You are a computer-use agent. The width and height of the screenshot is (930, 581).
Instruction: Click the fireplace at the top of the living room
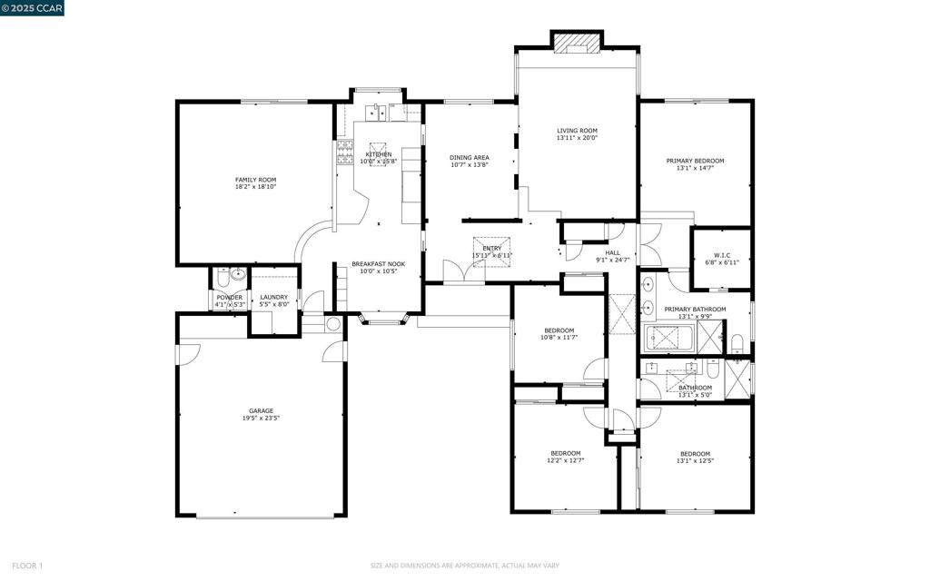click(577, 42)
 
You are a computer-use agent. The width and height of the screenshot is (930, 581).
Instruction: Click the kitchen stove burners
click(345, 152)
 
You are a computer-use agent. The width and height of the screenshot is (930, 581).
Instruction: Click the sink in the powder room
click(237, 273)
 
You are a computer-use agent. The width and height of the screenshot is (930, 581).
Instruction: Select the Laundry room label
click(273, 297)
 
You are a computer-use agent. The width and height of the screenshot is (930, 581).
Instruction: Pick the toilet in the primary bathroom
click(737, 343)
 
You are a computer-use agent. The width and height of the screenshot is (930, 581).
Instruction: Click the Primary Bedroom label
click(695, 161)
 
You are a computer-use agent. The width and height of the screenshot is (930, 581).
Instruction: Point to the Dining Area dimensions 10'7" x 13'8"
click(470, 165)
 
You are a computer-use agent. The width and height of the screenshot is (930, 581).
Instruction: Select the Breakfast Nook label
click(379, 263)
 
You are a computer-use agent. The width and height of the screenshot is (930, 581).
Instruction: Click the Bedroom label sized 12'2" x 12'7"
click(565, 453)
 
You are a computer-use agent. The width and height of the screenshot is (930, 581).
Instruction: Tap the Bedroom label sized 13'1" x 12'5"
click(695, 453)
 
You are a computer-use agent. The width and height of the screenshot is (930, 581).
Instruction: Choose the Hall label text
click(613, 253)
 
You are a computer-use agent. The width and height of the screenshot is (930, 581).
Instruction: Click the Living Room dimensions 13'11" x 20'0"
click(577, 138)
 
